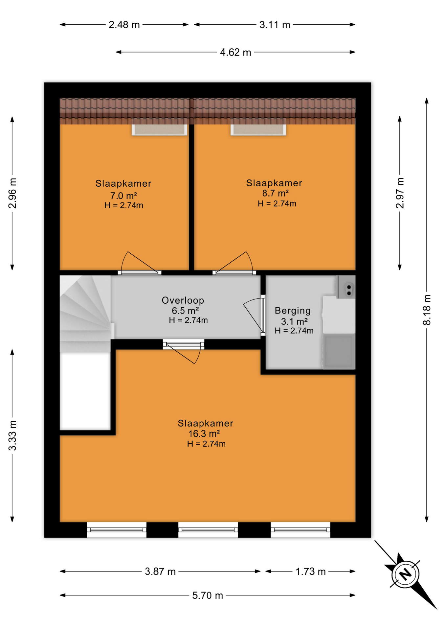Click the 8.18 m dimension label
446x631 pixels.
tap(426, 310)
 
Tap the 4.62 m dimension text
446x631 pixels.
tap(235, 52)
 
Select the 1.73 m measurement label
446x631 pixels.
tap(310, 572)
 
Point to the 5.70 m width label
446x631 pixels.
tap(208, 595)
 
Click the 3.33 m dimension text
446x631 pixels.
tap(12, 435)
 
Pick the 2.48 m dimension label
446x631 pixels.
tap(124, 25)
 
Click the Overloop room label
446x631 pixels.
tap(183, 300)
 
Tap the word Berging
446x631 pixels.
tap(293, 311)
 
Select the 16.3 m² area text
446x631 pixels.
tap(204, 433)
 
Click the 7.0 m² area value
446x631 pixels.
tap(123, 196)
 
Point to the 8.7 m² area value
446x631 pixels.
tap(275, 193)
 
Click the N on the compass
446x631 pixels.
tap(405, 574)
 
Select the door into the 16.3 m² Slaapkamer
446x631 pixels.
tap(184, 352)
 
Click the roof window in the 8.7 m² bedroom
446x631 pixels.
tap(258, 129)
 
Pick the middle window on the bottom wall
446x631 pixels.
tap(208, 529)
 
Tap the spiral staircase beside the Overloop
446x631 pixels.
tap(85, 314)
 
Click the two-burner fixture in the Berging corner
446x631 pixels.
tap(346, 287)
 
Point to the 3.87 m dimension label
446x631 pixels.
tap(160, 572)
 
